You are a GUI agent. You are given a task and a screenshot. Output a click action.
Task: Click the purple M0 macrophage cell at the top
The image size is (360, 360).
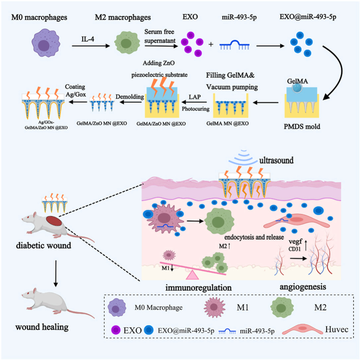(46, 43)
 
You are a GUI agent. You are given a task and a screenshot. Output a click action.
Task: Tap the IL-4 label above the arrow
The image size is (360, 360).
(88, 39)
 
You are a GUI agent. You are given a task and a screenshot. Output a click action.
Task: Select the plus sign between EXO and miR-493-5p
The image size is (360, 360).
(211, 44)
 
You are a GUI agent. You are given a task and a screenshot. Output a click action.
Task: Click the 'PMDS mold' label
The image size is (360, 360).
(302, 126)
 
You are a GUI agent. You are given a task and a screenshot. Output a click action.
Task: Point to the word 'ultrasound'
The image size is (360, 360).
(276, 160)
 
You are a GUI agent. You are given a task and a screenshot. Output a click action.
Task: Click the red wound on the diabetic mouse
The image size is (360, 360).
(54, 221)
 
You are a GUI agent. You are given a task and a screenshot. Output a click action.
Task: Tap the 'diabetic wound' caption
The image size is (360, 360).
(43, 245)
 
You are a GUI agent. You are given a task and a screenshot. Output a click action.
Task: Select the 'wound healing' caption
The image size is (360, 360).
(42, 327)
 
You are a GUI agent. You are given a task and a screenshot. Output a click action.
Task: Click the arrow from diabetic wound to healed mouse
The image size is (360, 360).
(56, 273)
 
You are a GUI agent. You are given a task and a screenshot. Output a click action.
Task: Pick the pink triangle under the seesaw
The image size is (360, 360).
(192, 275)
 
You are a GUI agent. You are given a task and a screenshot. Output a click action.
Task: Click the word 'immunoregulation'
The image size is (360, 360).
(198, 288)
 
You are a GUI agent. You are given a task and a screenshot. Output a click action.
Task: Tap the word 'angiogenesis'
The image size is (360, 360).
(303, 287)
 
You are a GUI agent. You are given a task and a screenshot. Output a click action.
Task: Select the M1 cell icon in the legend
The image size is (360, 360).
(215, 307)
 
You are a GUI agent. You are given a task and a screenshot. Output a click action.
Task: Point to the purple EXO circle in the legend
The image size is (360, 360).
(116, 330)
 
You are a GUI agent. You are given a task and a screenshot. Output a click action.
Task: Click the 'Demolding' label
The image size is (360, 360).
(130, 97)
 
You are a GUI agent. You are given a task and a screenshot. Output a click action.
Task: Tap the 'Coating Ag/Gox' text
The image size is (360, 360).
(75, 90)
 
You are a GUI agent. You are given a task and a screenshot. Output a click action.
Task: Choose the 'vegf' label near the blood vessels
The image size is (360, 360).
(295, 241)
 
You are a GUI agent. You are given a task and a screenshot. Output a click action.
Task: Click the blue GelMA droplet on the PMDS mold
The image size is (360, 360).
(297, 88)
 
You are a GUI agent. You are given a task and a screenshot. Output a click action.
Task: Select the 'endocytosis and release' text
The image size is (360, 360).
(254, 237)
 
